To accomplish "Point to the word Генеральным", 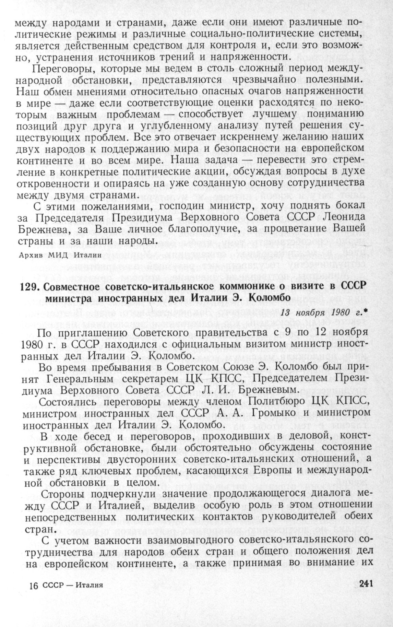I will coord(77,378).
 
